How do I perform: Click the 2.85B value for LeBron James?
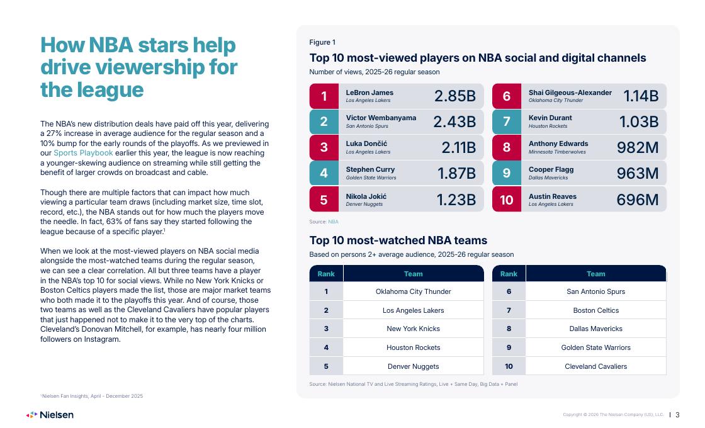[x=454, y=96]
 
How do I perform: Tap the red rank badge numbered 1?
[x=324, y=96]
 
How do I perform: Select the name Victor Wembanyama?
[x=381, y=118]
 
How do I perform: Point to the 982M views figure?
[x=638, y=147]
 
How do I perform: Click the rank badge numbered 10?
[x=506, y=199]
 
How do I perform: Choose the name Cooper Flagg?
[x=551, y=169]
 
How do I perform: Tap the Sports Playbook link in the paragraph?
[x=83, y=153]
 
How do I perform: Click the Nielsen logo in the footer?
[x=50, y=415]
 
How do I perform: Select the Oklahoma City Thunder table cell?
[x=413, y=291]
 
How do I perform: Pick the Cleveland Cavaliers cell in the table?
[x=595, y=366]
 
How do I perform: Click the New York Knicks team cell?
[x=413, y=329]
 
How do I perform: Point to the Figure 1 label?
[x=322, y=42]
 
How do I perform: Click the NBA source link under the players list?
[x=333, y=222]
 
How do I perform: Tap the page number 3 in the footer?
[x=677, y=415]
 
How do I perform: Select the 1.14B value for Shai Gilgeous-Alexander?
[x=641, y=96]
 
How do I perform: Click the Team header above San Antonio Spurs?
[x=595, y=274]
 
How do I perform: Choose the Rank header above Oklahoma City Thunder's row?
[x=326, y=274]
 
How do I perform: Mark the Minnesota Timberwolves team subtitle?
[x=557, y=152]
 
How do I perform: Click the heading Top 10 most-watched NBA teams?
[x=398, y=240]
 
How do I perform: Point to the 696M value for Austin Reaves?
[x=638, y=200]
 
